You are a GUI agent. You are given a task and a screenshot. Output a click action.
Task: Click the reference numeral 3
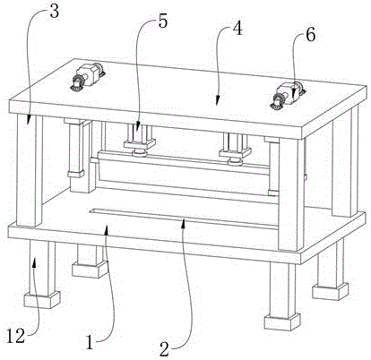tap(54, 13)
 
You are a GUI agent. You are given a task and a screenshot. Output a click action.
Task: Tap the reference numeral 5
tap(163, 21)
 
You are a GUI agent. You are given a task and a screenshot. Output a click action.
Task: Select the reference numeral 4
tap(237, 29)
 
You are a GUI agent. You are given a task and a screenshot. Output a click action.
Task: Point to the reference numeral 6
tap(310, 35)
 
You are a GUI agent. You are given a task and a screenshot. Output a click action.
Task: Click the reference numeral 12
tap(15, 337)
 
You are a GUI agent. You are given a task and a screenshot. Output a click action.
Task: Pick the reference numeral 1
tap(90, 342)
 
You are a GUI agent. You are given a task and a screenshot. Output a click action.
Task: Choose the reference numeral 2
tap(164, 349)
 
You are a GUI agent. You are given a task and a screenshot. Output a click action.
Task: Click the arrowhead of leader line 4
tap(217, 101)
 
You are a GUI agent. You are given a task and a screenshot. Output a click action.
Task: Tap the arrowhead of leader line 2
tap(184, 222)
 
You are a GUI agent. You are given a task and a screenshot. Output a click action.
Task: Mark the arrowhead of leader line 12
tap(35, 262)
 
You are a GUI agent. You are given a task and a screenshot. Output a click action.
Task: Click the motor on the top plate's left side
tap(87, 76)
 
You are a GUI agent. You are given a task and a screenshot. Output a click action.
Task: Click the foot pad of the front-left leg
tap(42, 299)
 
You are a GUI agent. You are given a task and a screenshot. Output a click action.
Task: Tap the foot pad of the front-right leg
tap(282, 322)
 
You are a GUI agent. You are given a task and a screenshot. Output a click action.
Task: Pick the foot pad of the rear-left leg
tap(90, 269)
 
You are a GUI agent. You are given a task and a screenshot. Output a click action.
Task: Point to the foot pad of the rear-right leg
tap(330, 291)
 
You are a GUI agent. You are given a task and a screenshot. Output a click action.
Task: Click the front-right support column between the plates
tap(291, 194)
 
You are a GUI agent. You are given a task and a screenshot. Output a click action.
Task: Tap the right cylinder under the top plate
tap(236, 149)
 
